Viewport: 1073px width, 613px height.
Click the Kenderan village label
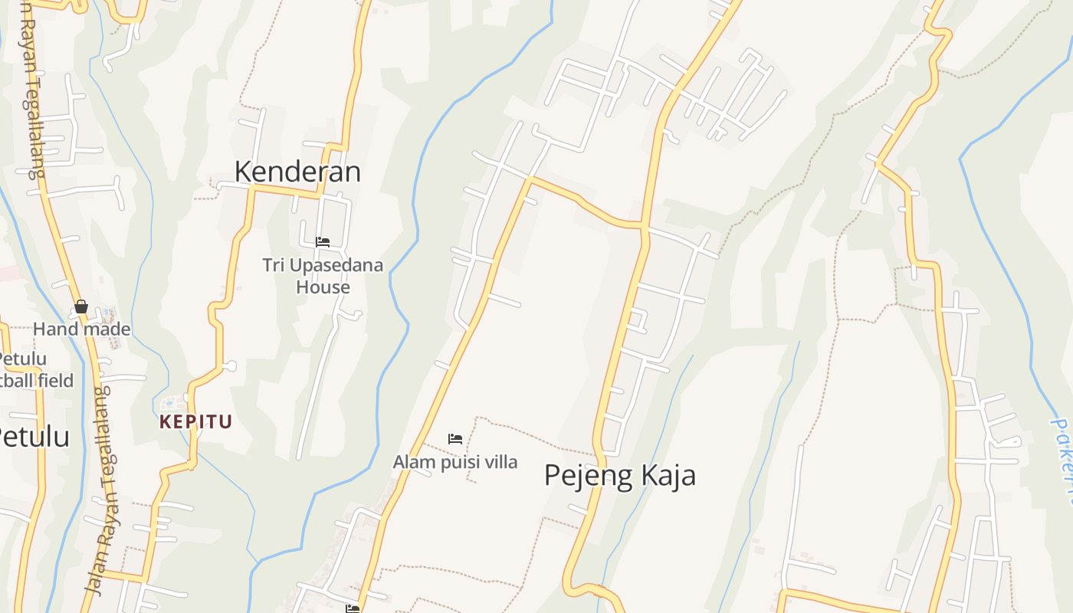297,172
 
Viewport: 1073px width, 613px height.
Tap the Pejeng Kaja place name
620,475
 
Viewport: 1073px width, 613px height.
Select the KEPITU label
195,421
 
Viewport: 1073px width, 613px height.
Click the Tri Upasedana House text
323,276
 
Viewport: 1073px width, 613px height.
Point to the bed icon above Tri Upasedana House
323,242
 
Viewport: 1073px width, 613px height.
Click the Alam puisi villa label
455,462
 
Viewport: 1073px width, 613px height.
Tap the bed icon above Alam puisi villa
455,439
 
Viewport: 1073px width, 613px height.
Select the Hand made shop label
81,329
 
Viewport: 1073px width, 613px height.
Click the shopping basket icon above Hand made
81,307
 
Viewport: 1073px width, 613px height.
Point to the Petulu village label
34,437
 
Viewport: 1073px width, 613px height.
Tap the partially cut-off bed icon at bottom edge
353,608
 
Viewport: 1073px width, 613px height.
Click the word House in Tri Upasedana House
323,287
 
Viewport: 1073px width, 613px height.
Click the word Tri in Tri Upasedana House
274,265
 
